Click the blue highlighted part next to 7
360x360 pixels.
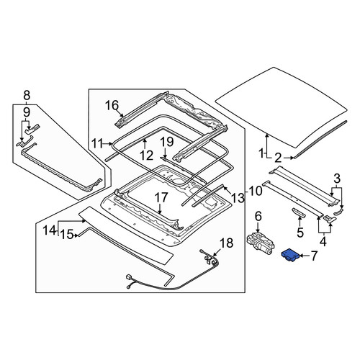point(289,255)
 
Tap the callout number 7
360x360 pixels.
point(314,256)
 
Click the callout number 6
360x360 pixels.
point(258,217)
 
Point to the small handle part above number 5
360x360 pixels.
point(299,213)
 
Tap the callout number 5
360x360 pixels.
point(300,232)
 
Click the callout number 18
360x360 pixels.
point(226,243)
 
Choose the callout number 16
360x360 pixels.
point(112,105)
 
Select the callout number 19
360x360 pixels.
point(167,142)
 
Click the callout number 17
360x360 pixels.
point(161,197)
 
